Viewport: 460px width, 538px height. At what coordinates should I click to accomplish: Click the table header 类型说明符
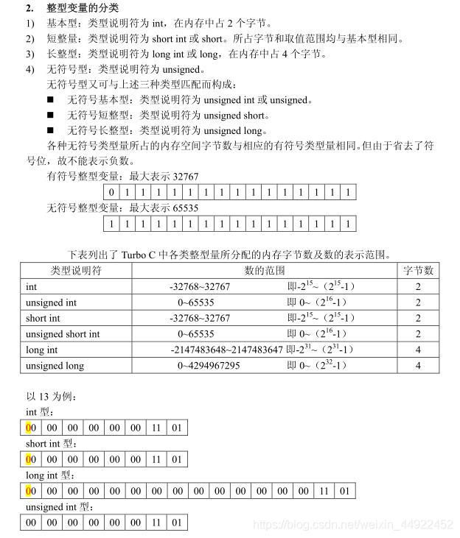76,270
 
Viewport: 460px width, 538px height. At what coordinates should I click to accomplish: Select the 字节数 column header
418,270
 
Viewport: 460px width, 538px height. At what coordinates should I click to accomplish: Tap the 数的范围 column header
265,270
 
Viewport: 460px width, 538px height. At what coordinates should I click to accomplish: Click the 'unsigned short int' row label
63,334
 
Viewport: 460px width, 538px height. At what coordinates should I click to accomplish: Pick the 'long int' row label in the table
41,350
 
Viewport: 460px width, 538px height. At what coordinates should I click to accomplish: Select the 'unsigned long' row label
55,366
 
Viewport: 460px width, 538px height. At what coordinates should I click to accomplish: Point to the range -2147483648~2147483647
226,350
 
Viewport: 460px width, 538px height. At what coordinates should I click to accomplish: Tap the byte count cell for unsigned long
418,366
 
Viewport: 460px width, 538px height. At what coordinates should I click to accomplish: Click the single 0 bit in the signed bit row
111,193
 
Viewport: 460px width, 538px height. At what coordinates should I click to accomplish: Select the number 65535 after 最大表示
185,208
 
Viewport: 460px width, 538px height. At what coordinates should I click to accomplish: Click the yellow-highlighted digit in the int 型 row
28,428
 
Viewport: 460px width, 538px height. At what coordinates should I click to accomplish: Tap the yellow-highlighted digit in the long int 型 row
28,491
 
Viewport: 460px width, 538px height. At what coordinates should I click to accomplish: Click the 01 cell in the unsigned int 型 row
176,523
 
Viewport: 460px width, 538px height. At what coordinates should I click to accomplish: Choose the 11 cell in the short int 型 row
156,459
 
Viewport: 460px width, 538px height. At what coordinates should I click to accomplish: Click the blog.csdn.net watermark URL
352,525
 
